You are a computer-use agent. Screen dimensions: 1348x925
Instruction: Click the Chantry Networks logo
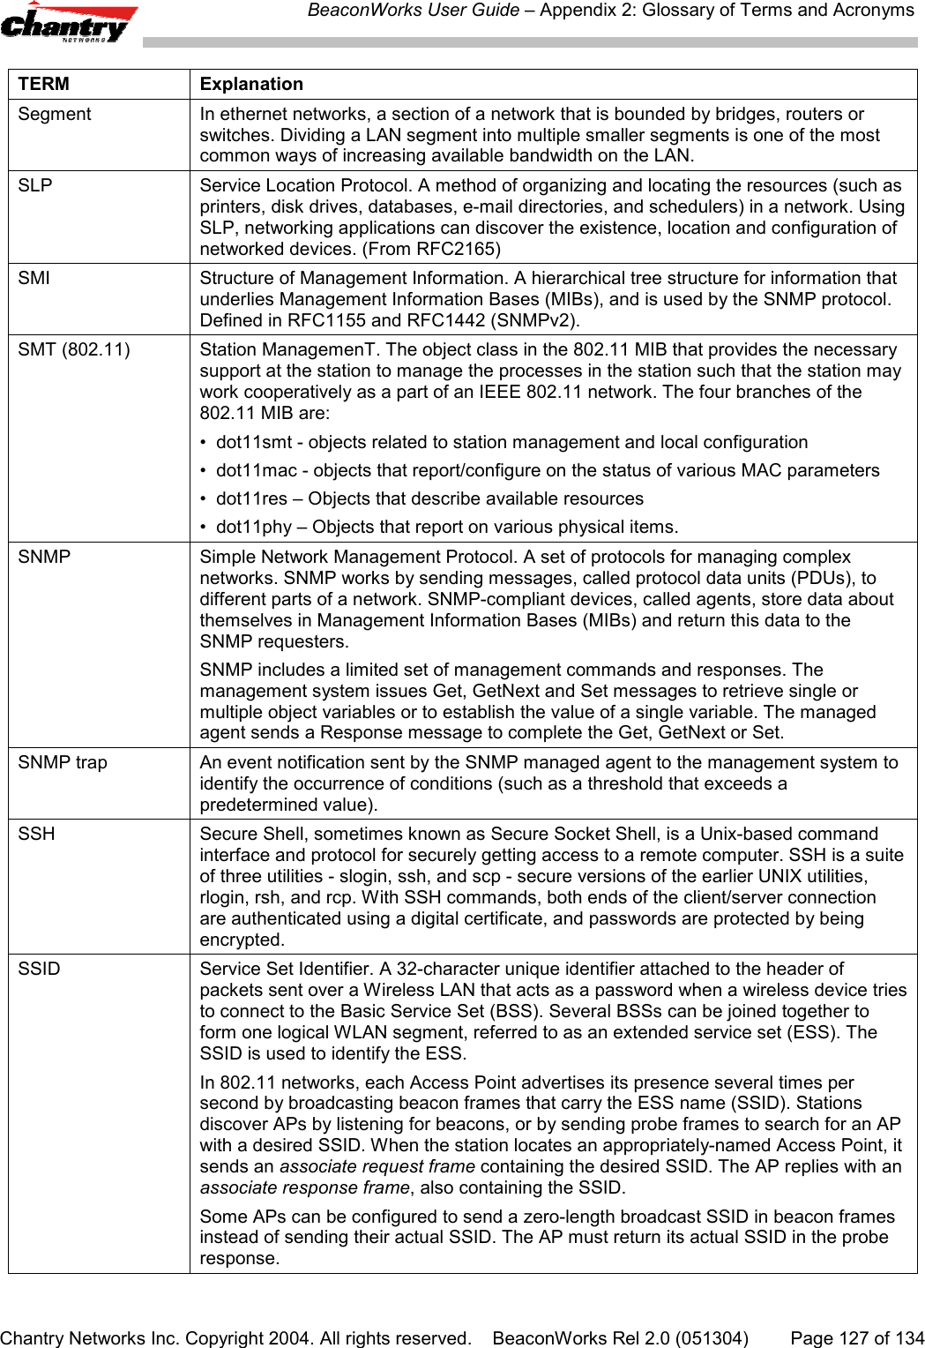coord(69,23)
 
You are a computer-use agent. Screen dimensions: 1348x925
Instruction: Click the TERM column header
coord(43,84)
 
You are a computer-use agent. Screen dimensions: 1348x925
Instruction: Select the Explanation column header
coord(251,84)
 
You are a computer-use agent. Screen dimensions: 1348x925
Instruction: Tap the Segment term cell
coord(55,114)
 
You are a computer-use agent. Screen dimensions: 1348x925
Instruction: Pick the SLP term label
coord(35,185)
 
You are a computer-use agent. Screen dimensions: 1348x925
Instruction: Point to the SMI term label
coord(34,278)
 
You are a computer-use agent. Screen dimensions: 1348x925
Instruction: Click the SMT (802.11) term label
coord(74,349)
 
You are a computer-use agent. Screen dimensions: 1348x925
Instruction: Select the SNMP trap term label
coord(63,762)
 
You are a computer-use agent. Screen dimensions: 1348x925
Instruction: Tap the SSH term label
coord(36,834)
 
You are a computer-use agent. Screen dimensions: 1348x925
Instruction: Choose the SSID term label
coord(40,969)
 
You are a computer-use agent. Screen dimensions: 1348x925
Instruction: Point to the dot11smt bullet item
coord(511,442)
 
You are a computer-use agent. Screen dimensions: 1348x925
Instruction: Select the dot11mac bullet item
coord(547,470)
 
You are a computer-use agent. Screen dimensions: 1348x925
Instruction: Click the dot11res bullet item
coord(429,498)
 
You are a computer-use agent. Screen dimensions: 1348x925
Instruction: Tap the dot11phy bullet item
coord(446,527)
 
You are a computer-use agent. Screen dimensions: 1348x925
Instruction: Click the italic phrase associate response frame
coord(304,1187)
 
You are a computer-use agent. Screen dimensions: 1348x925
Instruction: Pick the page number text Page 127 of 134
coord(857,1337)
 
